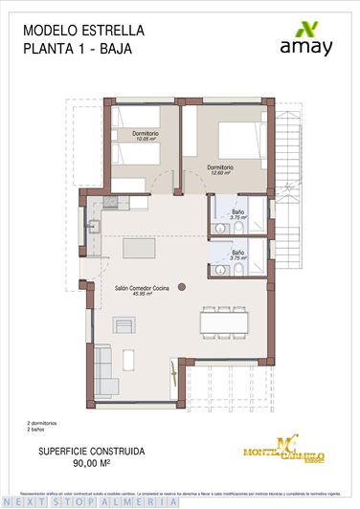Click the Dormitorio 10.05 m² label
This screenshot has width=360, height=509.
coord(146,135)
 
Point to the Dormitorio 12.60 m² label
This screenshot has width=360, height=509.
coord(221,170)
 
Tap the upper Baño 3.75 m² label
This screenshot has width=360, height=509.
coord(238,215)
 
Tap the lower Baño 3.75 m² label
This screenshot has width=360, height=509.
coord(238,255)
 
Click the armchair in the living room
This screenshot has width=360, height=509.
coord(124,324)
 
